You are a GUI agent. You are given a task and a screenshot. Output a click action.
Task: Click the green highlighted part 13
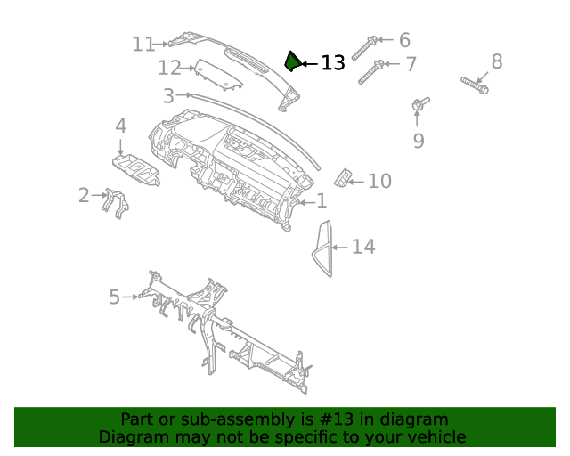coord(291,61)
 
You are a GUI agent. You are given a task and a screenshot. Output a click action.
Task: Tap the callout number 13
coord(332,63)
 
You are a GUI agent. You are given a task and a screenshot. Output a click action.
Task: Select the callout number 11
coord(143,44)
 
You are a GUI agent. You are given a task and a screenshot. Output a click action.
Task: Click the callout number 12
coord(169,68)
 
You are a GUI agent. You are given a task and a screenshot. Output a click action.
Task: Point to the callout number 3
coord(168,95)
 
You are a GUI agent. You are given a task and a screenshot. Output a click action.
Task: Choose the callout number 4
coord(120,126)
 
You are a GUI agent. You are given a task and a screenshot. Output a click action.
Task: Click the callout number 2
coord(84,195)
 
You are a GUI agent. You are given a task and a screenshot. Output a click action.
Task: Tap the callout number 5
coord(114,297)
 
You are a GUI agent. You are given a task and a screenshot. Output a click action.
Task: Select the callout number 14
coord(363,247)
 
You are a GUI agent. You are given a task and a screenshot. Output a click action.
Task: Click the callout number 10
coord(379,182)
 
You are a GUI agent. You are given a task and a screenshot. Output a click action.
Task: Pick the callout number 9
coord(418,141)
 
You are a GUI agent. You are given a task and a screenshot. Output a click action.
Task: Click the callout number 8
coord(497,61)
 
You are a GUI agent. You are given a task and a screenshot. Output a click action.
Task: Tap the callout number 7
coord(411,64)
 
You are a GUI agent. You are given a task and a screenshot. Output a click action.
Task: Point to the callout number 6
coord(404,40)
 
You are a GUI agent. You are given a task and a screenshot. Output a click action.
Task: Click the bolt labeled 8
coord(474,85)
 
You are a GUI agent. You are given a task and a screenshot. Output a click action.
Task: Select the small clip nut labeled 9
coord(419,105)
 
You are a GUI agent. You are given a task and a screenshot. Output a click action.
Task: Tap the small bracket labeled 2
coord(115,202)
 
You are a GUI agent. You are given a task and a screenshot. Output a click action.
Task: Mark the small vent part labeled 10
coord(342,177)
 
